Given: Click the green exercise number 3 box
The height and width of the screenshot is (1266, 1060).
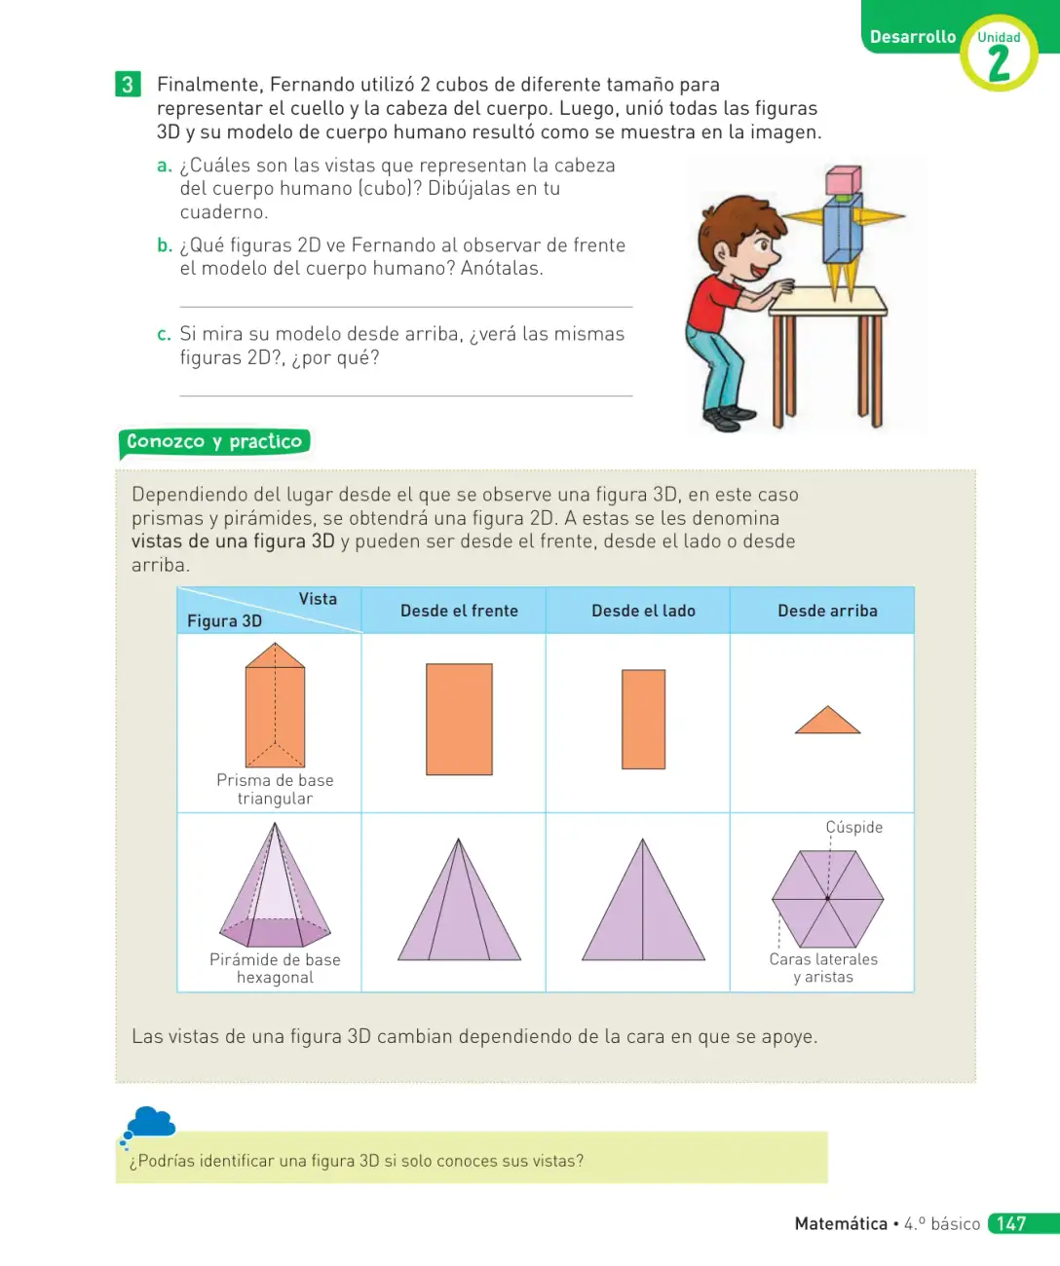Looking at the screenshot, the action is pyautogui.click(x=128, y=85).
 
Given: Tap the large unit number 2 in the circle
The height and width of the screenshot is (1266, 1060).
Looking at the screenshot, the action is pyautogui.click(x=999, y=63).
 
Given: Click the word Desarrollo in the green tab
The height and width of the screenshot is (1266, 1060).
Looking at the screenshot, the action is pyautogui.click(x=913, y=37).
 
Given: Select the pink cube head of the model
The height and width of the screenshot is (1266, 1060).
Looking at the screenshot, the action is pyautogui.click(x=844, y=180).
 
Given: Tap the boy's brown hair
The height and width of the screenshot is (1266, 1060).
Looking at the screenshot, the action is pyautogui.click(x=736, y=221).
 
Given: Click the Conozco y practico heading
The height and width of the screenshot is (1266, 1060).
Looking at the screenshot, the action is pyautogui.click(x=214, y=441).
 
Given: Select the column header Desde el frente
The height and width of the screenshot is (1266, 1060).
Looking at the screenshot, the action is pyautogui.click(x=459, y=611).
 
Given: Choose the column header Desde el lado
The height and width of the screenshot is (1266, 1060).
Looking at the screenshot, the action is pyautogui.click(x=643, y=611).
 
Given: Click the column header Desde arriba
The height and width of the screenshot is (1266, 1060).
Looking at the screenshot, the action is pyautogui.click(x=827, y=611).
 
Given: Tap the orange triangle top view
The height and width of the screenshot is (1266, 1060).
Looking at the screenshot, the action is pyautogui.click(x=827, y=722).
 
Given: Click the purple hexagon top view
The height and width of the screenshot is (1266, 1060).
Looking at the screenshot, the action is pyautogui.click(x=827, y=899).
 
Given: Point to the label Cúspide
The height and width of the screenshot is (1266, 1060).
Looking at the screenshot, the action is pyautogui.click(x=853, y=827).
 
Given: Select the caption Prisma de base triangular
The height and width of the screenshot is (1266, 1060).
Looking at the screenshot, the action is pyautogui.click(x=275, y=789).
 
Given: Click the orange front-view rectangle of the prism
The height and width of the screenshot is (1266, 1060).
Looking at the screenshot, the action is pyautogui.click(x=459, y=719).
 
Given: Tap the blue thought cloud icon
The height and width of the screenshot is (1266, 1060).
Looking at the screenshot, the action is pyautogui.click(x=149, y=1123).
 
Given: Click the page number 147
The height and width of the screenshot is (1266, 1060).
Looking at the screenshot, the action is pyautogui.click(x=1011, y=1223).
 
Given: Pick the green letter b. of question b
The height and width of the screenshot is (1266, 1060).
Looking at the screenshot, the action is pyautogui.click(x=165, y=245).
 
